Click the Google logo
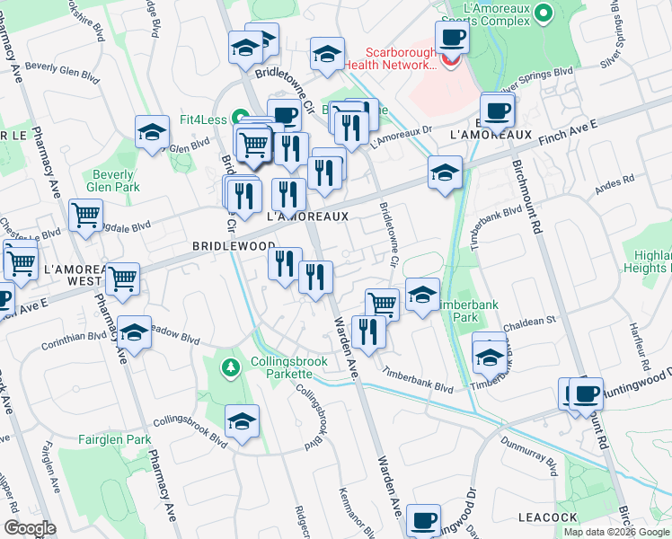pyautogui.click(x=31, y=528)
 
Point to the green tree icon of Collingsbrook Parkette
pyautogui.click(x=231, y=367)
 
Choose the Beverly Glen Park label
pyautogui.click(x=112, y=181)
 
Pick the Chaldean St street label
pyautogui.click(x=530, y=320)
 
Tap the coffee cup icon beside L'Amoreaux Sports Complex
pyautogui.click(x=452, y=37)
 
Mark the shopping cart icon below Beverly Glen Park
pyautogui.click(x=86, y=215)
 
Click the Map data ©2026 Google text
pyautogui.click(x=615, y=531)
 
